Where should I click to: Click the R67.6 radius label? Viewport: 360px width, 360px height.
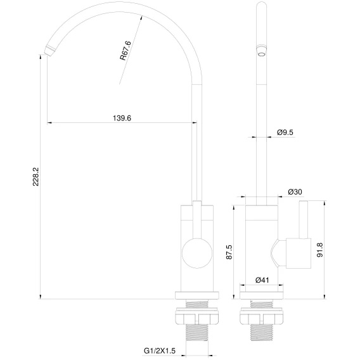(125, 51)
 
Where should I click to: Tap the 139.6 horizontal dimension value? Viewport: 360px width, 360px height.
(122, 118)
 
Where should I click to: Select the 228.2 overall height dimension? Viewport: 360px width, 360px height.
(36, 177)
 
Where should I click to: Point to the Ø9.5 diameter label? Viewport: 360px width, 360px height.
(285, 132)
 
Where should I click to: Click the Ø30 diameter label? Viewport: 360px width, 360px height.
(295, 191)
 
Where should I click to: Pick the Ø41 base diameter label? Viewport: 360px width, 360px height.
(262, 280)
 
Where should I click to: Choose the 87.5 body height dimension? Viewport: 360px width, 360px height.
(229, 252)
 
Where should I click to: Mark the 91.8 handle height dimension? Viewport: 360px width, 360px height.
(320, 250)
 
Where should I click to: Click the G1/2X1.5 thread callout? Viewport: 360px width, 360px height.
(160, 351)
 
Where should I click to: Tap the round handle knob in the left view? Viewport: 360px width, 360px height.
(197, 253)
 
